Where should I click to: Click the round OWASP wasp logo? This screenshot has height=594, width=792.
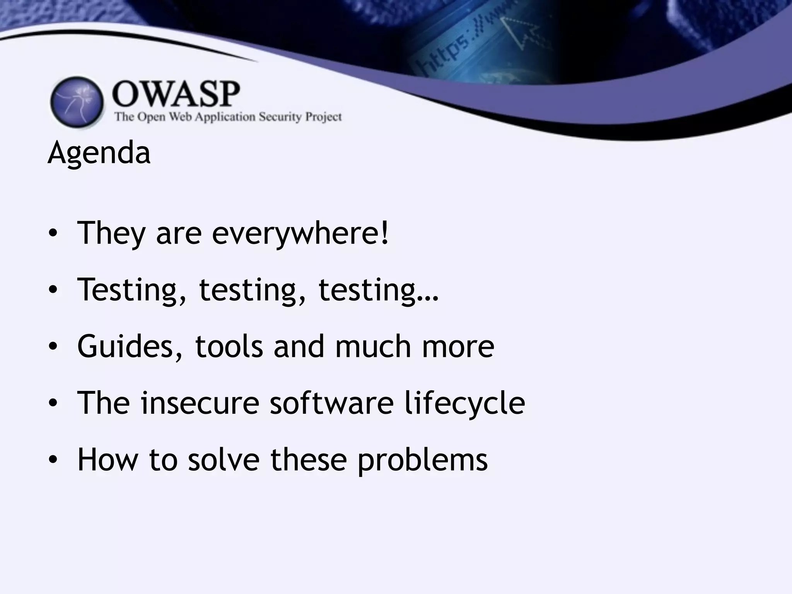(x=77, y=102)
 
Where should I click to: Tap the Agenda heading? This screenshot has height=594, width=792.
(x=99, y=153)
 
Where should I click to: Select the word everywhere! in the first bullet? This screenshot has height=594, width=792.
(x=300, y=234)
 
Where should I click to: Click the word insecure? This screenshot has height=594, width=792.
(x=200, y=403)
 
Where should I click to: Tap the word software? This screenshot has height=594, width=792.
(x=331, y=403)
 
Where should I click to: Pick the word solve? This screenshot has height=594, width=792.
(x=224, y=459)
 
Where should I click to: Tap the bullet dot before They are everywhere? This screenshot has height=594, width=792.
(x=53, y=234)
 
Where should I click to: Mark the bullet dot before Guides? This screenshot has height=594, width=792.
(x=53, y=347)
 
